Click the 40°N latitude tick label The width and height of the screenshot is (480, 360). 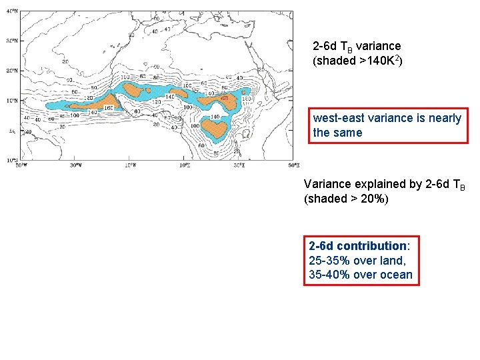[11, 12]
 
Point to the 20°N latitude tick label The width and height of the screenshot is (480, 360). [11, 71]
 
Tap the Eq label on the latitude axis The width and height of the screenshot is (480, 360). [11, 131]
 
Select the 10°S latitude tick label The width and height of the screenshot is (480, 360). [11, 161]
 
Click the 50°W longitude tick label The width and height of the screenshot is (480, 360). [22, 165]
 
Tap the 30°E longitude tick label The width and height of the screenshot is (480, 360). [239, 165]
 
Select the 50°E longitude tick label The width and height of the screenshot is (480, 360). [294, 165]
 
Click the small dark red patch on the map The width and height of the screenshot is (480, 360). [225, 98]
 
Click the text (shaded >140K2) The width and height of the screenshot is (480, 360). [357, 61]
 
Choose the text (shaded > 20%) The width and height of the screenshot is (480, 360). [346, 198]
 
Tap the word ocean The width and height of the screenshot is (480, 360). [397, 275]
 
